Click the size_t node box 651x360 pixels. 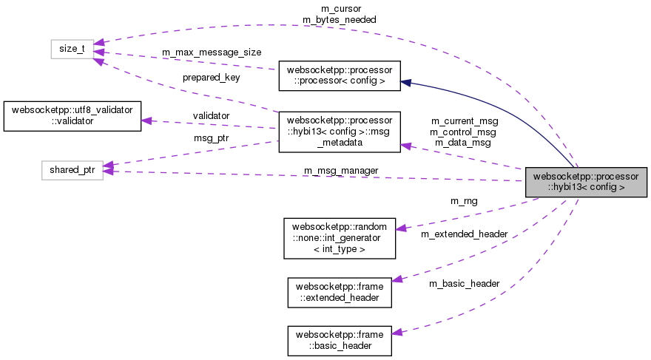pos(71,50)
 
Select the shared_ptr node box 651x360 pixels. pos(71,170)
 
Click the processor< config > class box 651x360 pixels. pos(339,75)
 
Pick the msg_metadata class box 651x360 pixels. pos(339,132)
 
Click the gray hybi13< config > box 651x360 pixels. pos(586,182)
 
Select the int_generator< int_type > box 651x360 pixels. pos(340,237)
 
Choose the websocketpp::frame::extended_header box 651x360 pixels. pos(339,291)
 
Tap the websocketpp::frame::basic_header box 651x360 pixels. pos(339,340)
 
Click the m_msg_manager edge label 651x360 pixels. pos(341,171)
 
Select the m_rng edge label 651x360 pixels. pos(464,200)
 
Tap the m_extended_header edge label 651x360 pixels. pos(464,234)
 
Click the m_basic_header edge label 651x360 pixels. pos(464,284)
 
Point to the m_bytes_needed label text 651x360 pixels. pos(340,19)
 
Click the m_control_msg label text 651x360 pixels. pos(464,132)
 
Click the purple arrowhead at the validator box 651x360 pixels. pos(146,120)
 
